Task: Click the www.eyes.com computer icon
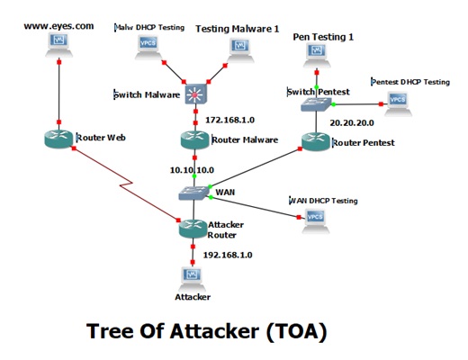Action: [x=58, y=45]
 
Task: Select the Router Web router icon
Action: [x=58, y=139]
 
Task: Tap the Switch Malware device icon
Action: [x=195, y=94]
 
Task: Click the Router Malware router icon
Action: [x=194, y=139]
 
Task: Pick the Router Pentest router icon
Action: [x=316, y=141]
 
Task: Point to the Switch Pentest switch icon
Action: [x=316, y=104]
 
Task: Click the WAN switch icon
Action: [x=193, y=193]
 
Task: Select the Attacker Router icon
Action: [x=193, y=229]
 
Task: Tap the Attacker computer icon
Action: [x=193, y=279]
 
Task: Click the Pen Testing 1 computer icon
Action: [x=317, y=56]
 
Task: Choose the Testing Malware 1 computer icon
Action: [x=240, y=50]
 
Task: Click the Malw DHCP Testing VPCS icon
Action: [x=148, y=48]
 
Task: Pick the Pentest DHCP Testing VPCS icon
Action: [x=398, y=103]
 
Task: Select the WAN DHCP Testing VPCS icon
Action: [x=315, y=220]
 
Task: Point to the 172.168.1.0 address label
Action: [x=229, y=120]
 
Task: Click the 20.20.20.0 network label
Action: [x=352, y=122]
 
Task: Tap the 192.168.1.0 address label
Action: [x=228, y=255]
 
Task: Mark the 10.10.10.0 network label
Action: [x=192, y=170]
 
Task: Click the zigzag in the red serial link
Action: [x=126, y=184]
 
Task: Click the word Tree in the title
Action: [x=110, y=331]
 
